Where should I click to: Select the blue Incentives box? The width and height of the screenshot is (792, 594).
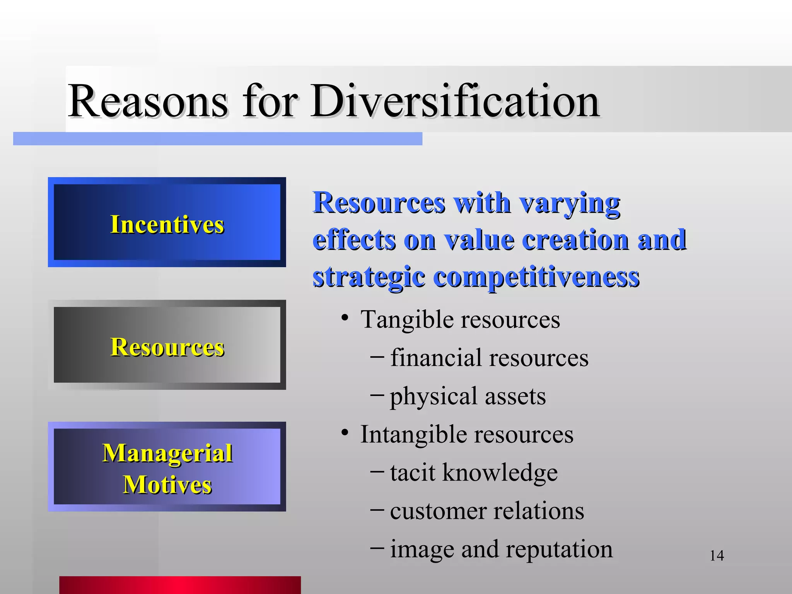point(167,222)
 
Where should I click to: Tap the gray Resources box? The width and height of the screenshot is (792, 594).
point(167,345)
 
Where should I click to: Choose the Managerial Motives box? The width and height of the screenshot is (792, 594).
point(167,467)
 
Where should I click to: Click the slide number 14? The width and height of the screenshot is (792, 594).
point(717,556)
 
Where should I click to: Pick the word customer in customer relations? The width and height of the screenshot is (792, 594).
point(437,511)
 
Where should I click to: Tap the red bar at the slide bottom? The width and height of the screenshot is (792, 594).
point(180,585)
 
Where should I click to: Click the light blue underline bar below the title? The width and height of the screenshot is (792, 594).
point(217,138)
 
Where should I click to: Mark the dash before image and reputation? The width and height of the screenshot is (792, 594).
point(377,548)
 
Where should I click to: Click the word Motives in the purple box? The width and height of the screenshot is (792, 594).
point(167,485)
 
